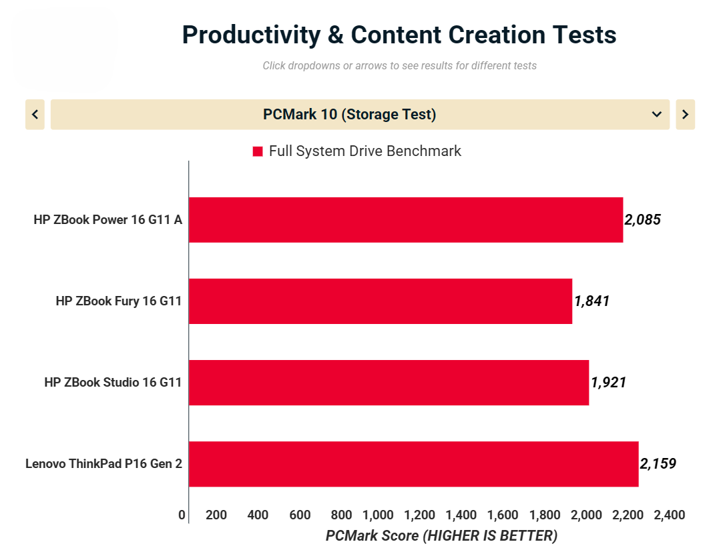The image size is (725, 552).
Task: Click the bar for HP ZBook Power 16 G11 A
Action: point(406,219)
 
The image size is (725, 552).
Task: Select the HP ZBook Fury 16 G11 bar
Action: point(381,301)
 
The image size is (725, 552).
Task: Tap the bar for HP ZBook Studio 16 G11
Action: point(389,382)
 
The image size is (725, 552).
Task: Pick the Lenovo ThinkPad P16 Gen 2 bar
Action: point(413,463)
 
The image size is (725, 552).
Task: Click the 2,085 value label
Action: point(642,219)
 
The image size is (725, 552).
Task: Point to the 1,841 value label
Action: point(591,301)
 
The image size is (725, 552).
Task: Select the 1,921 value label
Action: point(608,382)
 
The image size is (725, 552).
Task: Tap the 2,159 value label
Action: point(658,463)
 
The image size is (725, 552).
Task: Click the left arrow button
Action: point(35,115)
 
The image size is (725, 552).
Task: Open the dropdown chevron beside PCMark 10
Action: point(656,115)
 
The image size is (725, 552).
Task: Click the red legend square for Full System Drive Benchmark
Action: point(258,152)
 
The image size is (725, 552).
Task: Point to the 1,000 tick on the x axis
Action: point(378,515)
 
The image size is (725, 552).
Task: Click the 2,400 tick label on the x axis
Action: point(670,515)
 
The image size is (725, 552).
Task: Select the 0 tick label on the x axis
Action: point(182,515)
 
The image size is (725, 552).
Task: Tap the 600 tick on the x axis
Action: point(300,515)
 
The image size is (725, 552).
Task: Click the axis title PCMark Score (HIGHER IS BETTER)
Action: point(441,535)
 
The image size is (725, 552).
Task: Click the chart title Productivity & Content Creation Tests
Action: point(399,35)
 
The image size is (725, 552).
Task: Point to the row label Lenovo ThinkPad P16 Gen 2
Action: point(103,463)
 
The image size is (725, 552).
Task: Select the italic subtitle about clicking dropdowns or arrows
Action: point(399,65)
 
